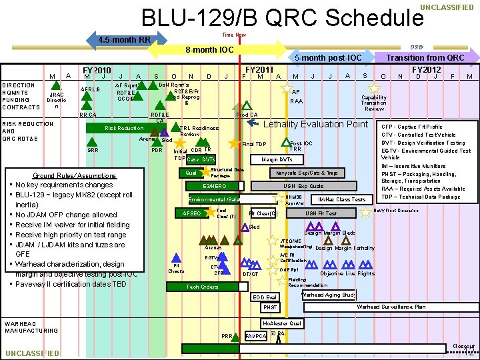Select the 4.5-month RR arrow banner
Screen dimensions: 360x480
[x=125, y=39]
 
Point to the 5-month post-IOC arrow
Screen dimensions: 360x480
[x=327, y=58]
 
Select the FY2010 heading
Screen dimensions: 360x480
[x=97, y=69]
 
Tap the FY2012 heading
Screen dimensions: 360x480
[x=426, y=69]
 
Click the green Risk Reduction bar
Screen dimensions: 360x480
[x=124, y=128]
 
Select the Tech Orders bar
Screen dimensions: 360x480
[x=202, y=287]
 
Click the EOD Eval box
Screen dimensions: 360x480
[x=265, y=297]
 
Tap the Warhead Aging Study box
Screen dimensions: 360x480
[x=329, y=295]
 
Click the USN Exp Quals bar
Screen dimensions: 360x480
[x=303, y=186]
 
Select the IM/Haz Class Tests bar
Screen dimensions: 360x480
[x=342, y=199]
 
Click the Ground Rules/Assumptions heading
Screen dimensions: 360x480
[x=75, y=176]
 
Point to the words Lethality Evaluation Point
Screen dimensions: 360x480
[x=316, y=125]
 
